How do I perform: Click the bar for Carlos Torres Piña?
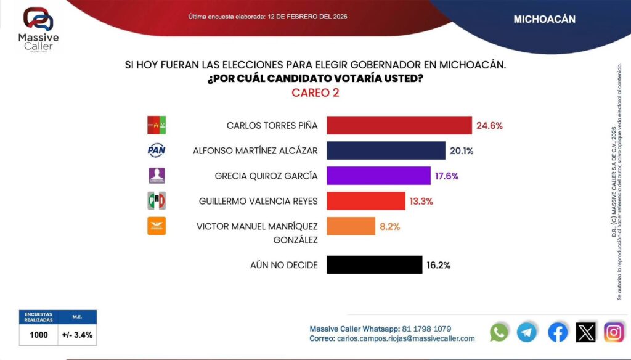399,125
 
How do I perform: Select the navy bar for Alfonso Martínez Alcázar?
385,150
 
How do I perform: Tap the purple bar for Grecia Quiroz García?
378,176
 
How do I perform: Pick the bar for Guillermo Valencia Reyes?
365,201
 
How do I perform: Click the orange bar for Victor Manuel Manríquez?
350,226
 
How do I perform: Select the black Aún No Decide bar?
373,265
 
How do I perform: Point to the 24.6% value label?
489,125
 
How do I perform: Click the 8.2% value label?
389,226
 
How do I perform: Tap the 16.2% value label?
438,265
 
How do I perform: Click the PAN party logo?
157,150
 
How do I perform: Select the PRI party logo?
157,201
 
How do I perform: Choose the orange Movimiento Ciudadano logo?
157,226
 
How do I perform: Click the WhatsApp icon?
499,332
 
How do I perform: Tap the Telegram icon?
527,332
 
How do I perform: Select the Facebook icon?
558,332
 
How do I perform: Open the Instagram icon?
614,332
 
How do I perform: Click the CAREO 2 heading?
315,93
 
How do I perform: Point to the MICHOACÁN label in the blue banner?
544,19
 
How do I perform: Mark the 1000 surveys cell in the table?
39,336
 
